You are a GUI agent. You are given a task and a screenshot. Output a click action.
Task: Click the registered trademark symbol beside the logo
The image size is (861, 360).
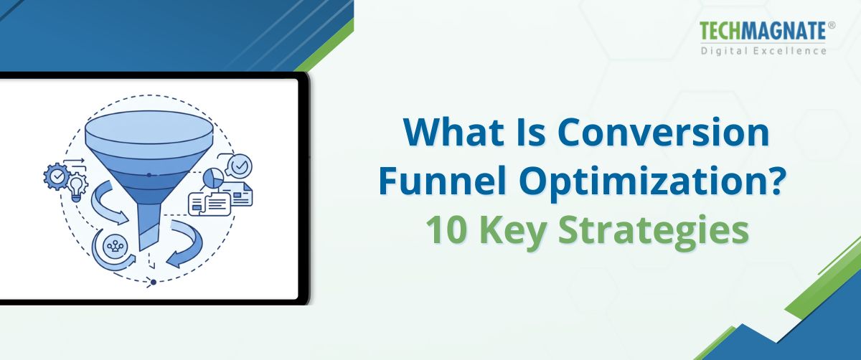[832, 25]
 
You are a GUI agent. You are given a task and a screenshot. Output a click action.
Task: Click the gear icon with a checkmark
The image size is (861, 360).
[56, 175]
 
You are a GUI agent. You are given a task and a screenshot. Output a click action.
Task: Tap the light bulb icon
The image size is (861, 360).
[77, 185]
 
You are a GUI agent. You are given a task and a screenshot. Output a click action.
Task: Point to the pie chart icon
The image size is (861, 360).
[214, 177]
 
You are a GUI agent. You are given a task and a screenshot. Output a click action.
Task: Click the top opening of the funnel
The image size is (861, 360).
[149, 129]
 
